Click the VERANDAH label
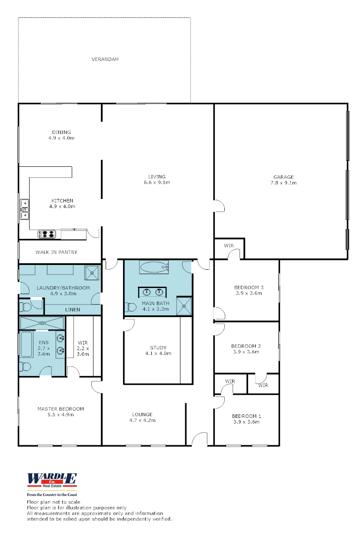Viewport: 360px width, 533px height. pos(105,59)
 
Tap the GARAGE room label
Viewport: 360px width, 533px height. pos(283,177)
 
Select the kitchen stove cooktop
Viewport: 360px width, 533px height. pos(47,234)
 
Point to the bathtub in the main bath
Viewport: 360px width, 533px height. pos(154,267)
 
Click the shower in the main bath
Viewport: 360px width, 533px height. pos(184,306)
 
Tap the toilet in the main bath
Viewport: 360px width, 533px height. pos(130,307)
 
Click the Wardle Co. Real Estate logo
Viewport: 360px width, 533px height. pos(52,480)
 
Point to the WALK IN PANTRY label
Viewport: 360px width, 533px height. pos(56,252)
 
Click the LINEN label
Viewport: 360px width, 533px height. pos(72,310)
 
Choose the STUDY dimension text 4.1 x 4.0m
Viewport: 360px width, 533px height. pos(158,353)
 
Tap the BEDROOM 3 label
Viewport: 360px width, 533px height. pos(249,287)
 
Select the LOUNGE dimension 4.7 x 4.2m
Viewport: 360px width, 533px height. pos(142,420)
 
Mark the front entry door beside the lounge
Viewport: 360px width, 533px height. pos(200,440)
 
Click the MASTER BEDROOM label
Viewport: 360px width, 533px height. pos(60,409)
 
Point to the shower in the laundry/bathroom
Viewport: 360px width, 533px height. pos(92,272)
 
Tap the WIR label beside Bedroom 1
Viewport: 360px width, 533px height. pos(230,381)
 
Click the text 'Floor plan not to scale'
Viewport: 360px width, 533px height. pos(53,502)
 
